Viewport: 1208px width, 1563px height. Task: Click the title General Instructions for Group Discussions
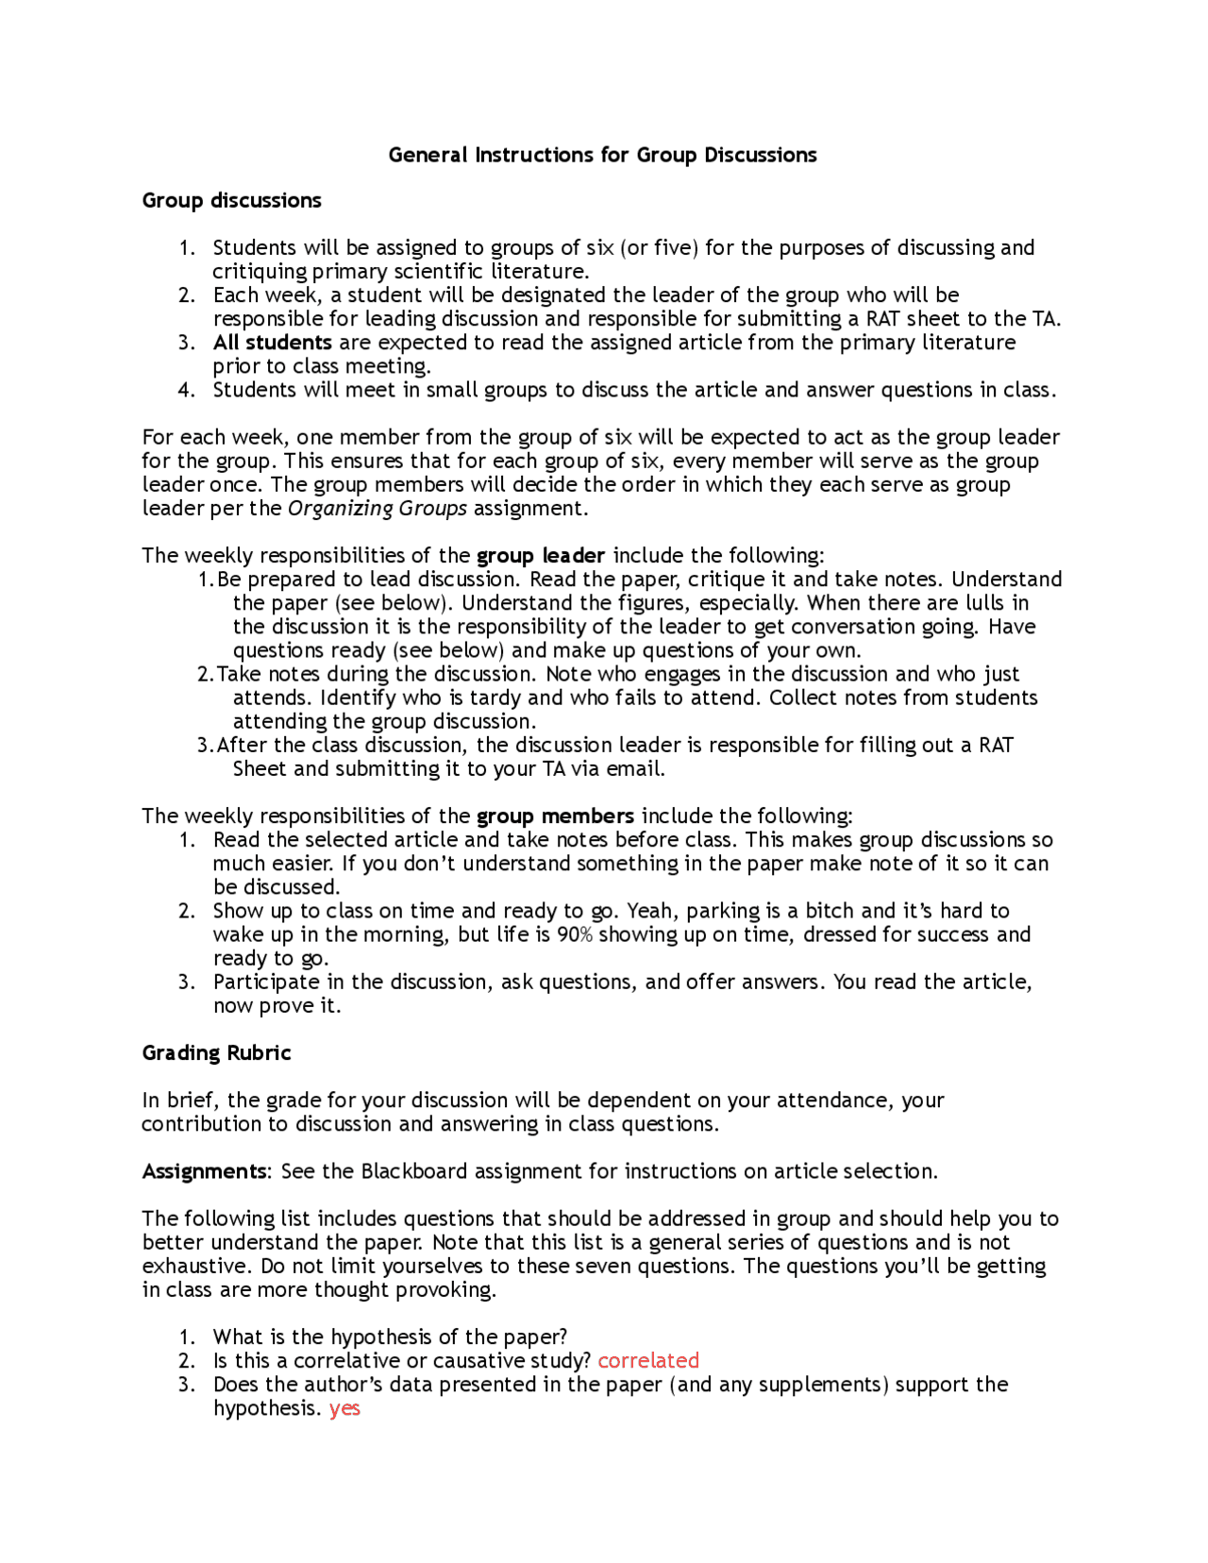(x=602, y=155)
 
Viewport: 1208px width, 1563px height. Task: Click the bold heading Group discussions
(x=231, y=201)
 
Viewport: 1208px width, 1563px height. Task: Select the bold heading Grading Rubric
(x=216, y=1053)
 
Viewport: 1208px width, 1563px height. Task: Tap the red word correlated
(x=648, y=1361)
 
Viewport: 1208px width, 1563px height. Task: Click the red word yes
(x=344, y=1409)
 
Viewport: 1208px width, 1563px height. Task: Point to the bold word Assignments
(x=204, y=1172)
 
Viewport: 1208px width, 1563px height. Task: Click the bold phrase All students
(x=272, y=343)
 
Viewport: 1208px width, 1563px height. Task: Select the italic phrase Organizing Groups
(x=377, y=509)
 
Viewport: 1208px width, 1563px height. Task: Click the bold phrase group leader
(x=540, y=556)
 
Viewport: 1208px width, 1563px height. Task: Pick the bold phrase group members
(x=555, y=816)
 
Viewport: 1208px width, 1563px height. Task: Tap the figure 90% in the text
(x=575, y=934)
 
